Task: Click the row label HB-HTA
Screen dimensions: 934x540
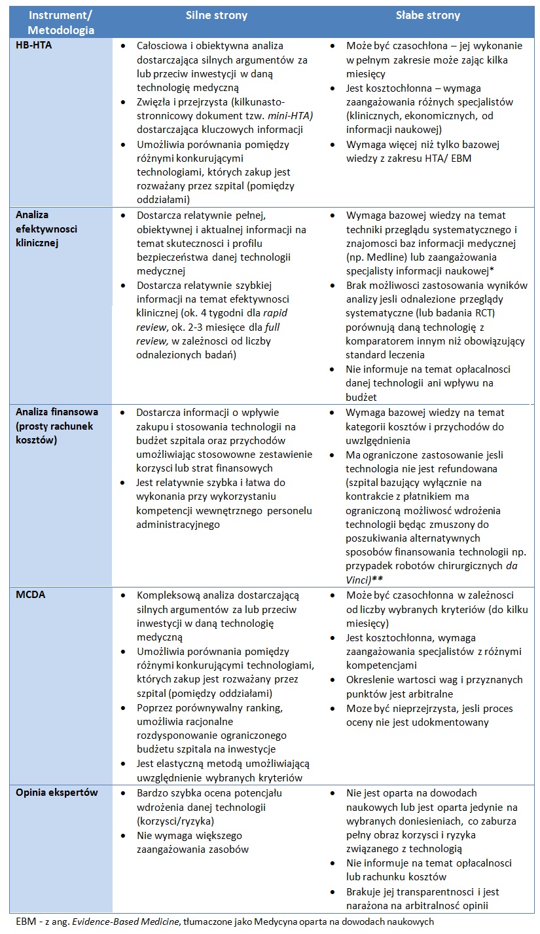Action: (x=33, y=46)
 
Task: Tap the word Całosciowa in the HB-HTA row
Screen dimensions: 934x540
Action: (x=162, y=46)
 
